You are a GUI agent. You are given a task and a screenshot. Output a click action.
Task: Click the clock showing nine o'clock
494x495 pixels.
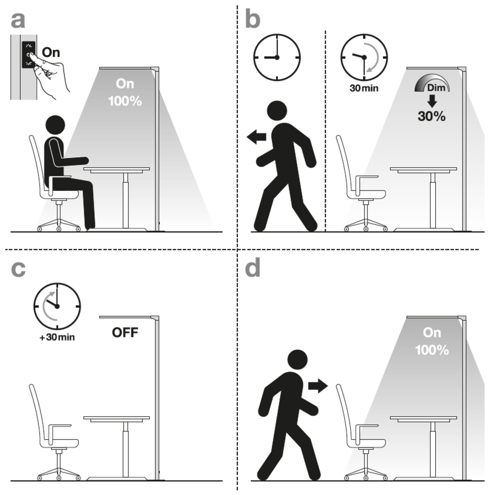coord(277,57)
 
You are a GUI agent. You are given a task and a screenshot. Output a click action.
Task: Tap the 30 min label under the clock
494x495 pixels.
coord(364,88)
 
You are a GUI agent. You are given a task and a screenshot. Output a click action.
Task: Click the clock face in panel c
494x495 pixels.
coord(57,306)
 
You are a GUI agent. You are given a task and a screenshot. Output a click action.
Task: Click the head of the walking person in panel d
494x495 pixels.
coord(298,360)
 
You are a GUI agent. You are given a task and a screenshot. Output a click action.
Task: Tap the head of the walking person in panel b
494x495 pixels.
coord(277,111)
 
